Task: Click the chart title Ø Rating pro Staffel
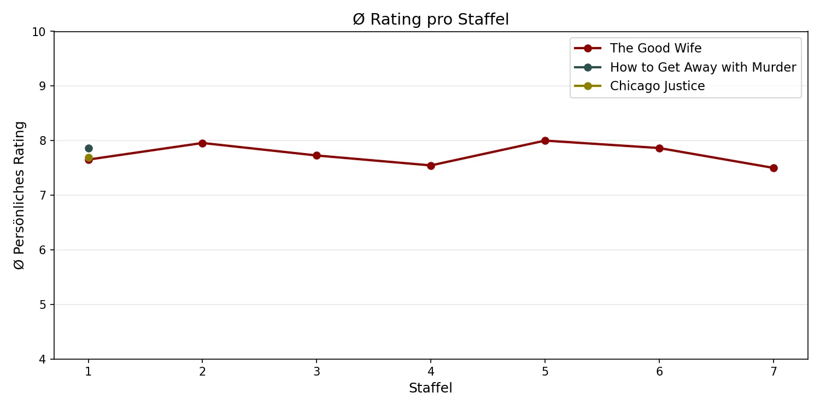(431, 20)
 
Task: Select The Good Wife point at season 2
(202, 143)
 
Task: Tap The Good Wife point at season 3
(317, 155)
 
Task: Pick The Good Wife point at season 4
(431, 166)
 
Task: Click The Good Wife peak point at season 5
(545, 140)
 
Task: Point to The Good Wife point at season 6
(659, 148)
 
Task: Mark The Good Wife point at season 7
(774, 168)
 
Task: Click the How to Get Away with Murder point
(89, 148)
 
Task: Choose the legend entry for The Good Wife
(655, 49)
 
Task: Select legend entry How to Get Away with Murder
(702, 67)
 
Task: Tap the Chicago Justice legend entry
(657, 86)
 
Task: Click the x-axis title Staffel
(431, 388)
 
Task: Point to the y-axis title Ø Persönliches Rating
(20, 195)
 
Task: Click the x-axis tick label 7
(774, 372)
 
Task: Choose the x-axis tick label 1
(89, 372)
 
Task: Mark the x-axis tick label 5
(545, 372)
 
